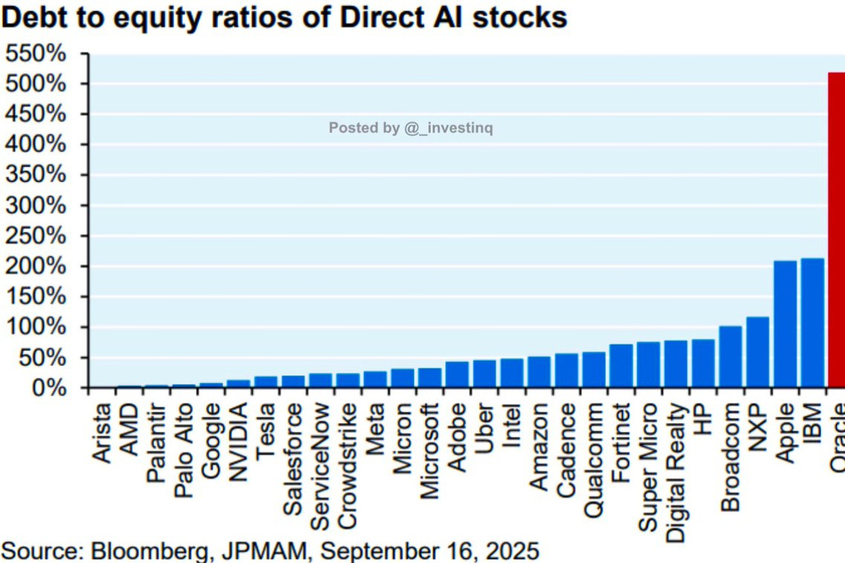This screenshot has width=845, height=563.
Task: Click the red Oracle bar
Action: (x=836, y=230)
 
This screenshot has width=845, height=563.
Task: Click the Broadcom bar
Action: (x=730, y=357)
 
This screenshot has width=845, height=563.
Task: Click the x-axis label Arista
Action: (x=103, y=433)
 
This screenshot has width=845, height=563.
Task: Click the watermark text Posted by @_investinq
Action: (x=411, y=128)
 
